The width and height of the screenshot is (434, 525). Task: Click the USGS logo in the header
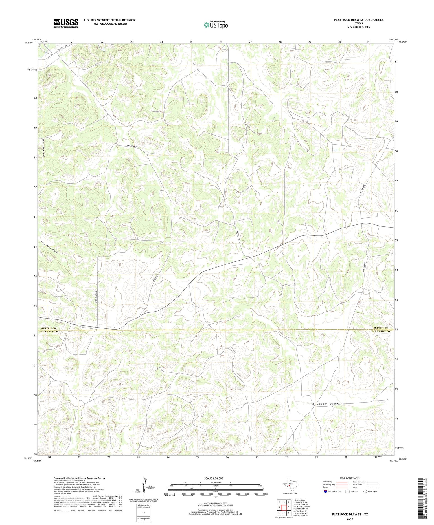tap(66, 23)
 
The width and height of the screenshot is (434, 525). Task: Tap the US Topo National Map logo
tap(216, 25)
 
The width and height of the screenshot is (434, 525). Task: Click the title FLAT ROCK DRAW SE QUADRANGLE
tap(359, 20)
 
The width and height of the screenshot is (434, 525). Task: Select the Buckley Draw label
tap(325, 404)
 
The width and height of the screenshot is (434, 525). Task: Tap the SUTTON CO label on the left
tap(48, 328)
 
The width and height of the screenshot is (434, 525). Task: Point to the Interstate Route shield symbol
tap(325, 491)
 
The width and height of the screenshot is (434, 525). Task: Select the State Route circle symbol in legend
tap(365, 491)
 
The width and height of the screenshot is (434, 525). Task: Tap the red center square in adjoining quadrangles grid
tap(284, 507)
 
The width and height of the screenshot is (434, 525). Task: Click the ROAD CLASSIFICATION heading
tap(350, 478)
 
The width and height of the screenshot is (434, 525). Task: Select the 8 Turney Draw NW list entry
tap(301, 515)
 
